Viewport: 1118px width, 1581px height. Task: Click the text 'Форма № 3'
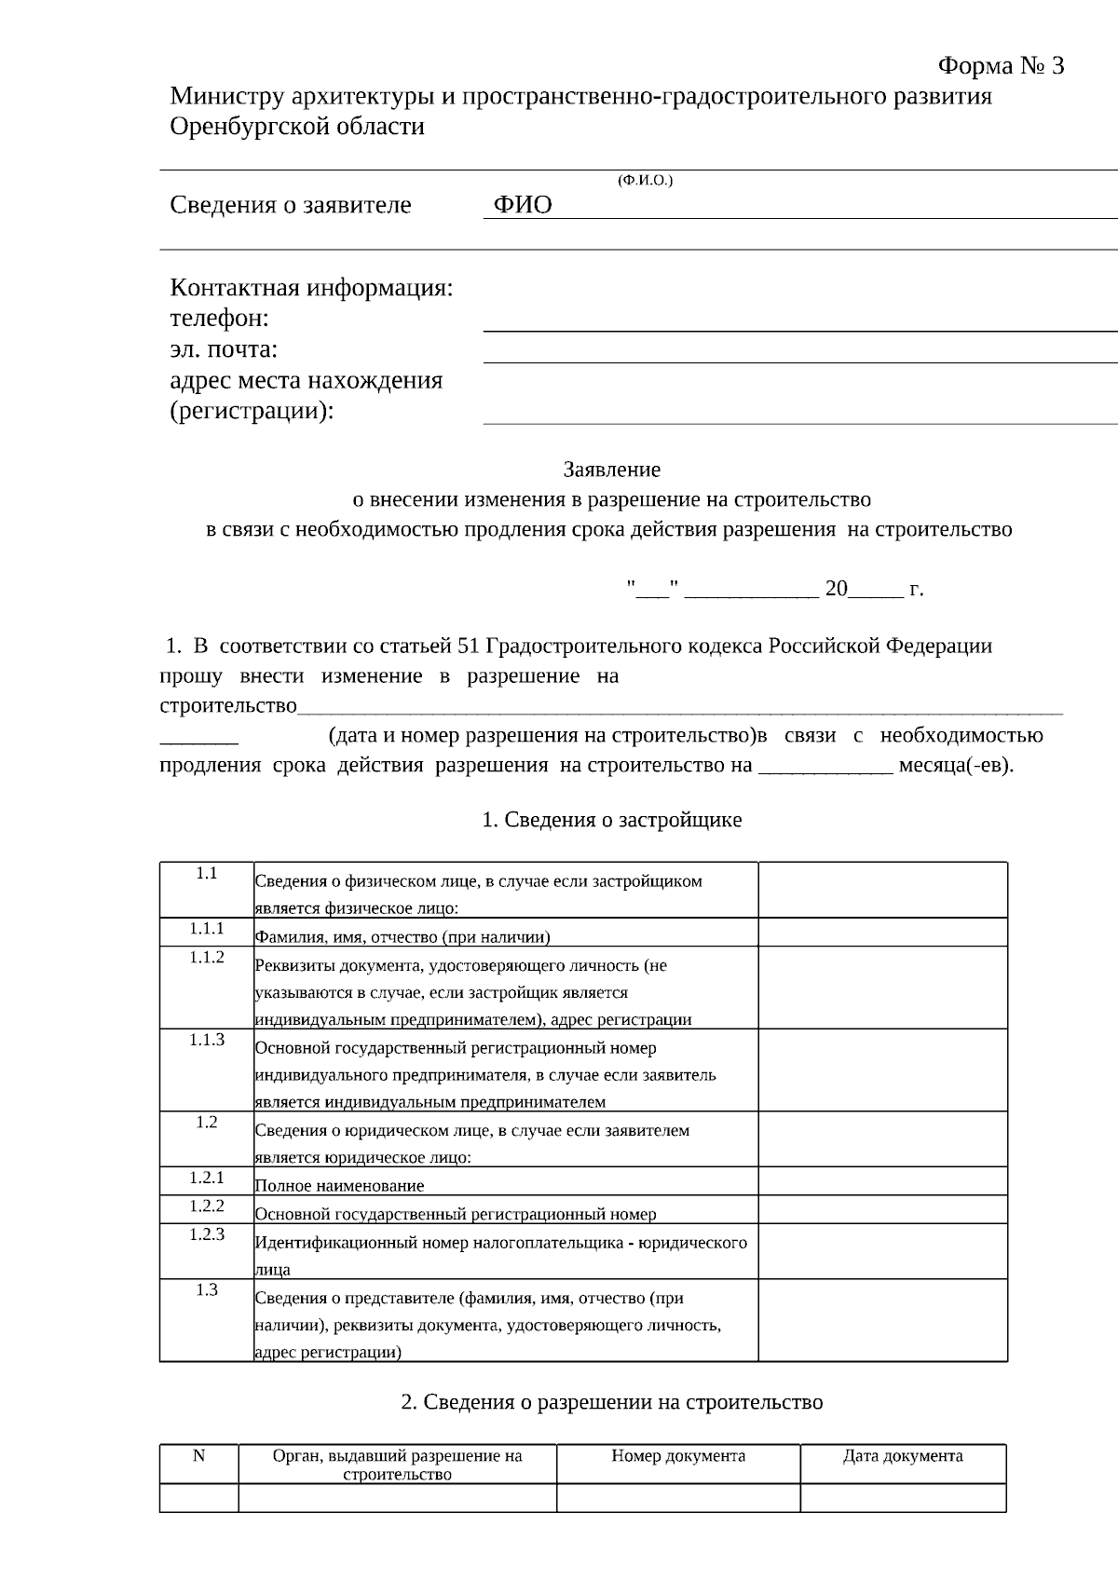(x=1000, y=66)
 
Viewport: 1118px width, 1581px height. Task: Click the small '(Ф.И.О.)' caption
(x=645, y=180)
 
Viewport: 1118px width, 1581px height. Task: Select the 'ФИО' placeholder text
(x=523, y=205)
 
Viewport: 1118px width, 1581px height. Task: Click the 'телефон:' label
(x=219, y=319)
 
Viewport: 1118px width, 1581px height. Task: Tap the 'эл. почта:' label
(x=224, y=349)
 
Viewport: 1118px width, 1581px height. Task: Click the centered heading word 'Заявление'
(x=611, y=470)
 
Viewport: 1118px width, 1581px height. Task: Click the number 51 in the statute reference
(x=469, y=646)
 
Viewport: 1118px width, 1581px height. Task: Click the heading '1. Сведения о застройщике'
(x=611, y=820)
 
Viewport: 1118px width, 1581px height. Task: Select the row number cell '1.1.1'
(x=207, y=929)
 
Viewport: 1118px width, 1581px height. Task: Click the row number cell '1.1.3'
(x=207, y=1040)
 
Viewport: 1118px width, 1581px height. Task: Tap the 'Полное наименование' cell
(x=339, y=1186)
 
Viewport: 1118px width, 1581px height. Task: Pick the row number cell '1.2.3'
(x=207, y=1234)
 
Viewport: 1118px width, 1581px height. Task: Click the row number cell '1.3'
(x=207, y=1290)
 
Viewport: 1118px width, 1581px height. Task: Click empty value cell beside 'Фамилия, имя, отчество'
(x=882, y=933)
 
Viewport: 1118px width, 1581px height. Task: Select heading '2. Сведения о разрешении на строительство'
(x=611, y=1402)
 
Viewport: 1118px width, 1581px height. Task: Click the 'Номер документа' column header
(x=678, y=1456)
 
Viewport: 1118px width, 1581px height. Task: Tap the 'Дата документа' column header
(x=903, y=1456)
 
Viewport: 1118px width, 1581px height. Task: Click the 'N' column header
(x=198, y=1456)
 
